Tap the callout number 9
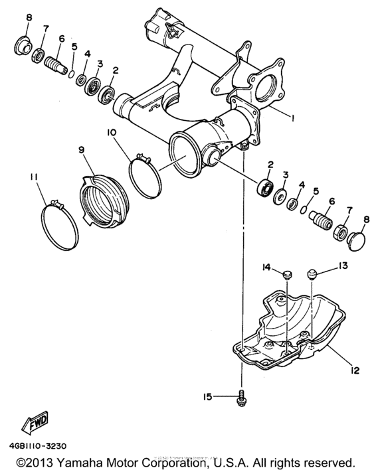pos(82,151)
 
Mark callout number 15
pos(207,396)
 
